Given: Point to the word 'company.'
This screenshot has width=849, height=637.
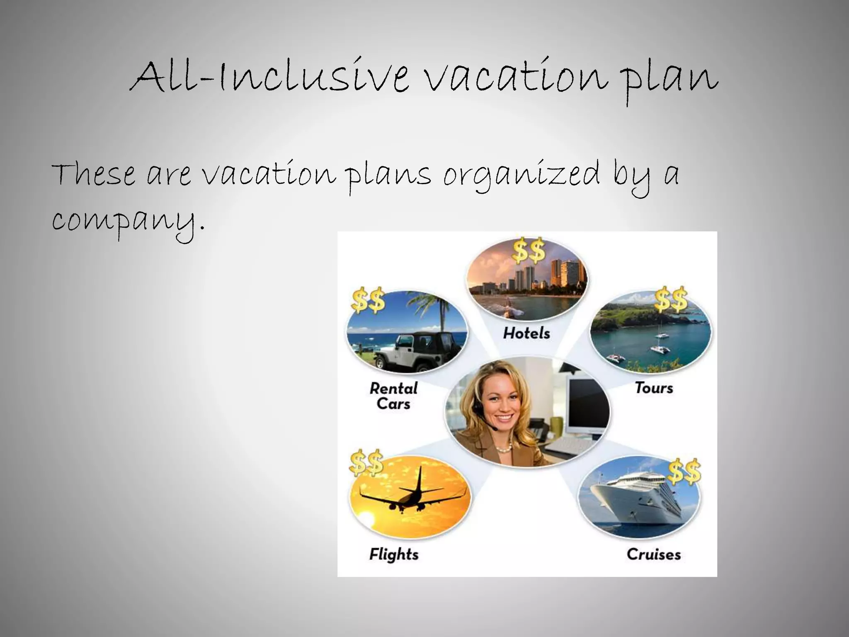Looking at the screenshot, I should (x=129, y=222).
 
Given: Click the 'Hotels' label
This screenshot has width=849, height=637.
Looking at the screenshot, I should (x=526, y=333).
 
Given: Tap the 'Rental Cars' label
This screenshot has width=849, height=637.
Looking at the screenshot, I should (x=393, y=396).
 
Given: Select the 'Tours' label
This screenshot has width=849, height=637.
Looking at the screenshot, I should (x=654, y=388).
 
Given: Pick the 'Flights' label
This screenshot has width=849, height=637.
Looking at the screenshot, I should (x=394, y=554).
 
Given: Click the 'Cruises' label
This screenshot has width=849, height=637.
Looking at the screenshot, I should (x=654, y=554).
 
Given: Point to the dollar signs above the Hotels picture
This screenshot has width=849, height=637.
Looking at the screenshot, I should (x=529, y=251).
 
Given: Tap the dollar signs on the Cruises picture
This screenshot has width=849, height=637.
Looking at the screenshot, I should (x=684, y=472).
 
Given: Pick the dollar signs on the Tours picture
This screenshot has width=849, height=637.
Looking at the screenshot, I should (x=671, y=299).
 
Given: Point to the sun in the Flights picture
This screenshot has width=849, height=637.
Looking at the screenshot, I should (x=367, y=518).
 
